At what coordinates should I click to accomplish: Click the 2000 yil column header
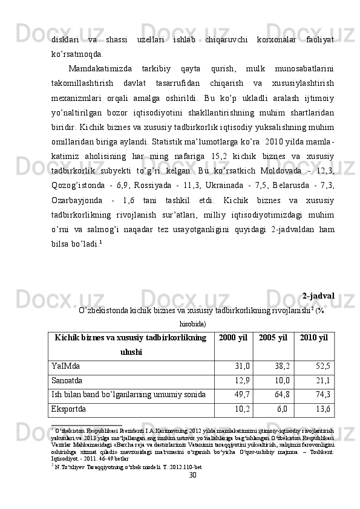234,337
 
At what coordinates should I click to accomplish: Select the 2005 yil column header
273,337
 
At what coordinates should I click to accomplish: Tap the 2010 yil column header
313,337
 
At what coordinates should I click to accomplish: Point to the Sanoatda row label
67,380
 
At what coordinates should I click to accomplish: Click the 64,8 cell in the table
282,395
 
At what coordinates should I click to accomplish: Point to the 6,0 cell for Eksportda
283,409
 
